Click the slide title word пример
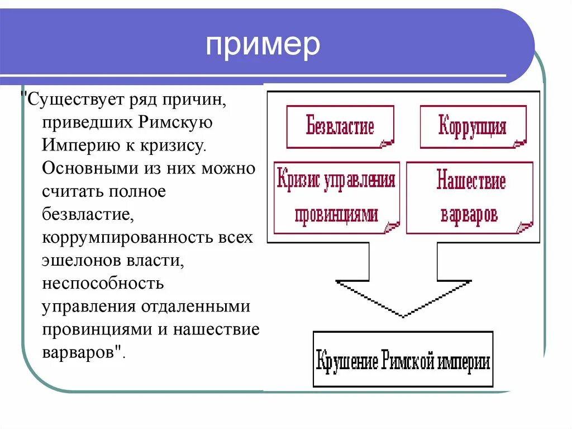tap(263, 45)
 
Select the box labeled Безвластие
tap(340, 126)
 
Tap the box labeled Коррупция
tap(473, 126)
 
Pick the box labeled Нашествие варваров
tap(469, 197)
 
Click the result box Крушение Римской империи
tap(403, 359)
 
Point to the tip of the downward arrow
tap(403, 316)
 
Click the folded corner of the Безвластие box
tap(386, 143)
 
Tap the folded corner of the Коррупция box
tap(519, 143)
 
